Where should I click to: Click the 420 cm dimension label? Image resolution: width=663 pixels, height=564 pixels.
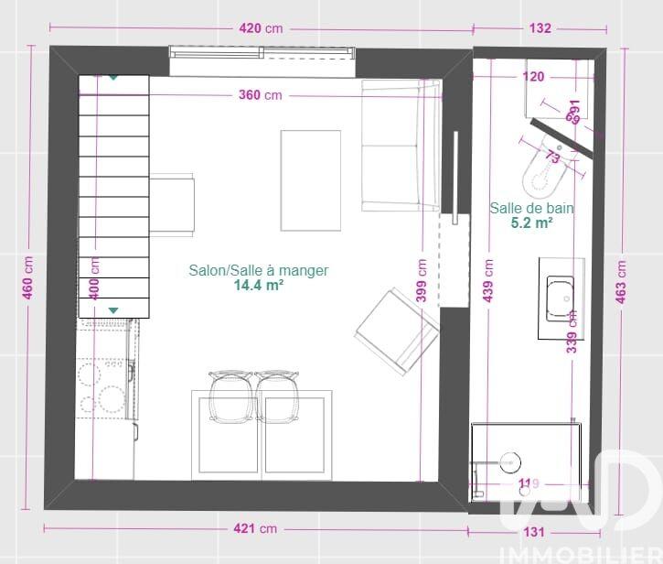261,28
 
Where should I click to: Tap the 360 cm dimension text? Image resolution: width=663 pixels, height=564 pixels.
261,95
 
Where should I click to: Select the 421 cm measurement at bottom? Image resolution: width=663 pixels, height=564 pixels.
255,529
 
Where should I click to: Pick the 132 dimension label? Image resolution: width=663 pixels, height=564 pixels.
540,28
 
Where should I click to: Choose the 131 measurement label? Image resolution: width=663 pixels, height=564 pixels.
534,531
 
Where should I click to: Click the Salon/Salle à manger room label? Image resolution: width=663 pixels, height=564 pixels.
259,270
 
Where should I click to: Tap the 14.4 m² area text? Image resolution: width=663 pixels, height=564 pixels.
258,285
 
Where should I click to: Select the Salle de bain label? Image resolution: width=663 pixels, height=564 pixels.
532,208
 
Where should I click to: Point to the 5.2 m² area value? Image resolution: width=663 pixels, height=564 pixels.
532,222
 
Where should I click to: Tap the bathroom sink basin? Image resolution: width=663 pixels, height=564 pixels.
559,298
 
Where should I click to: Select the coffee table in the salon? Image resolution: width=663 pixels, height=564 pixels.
310,180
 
